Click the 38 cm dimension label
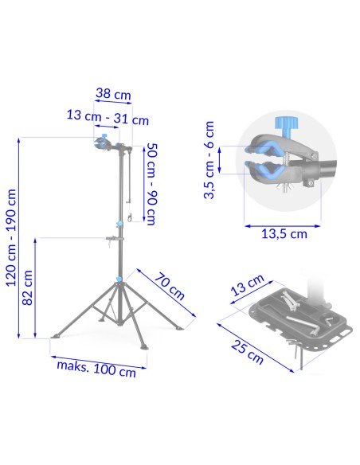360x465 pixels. [x=113, y=94]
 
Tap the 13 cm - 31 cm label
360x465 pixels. [x=108, y=117]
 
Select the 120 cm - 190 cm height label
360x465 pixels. [x=11, y=238]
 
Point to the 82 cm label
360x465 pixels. [x=28, y=287]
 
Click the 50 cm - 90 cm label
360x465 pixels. [x=151, y=184]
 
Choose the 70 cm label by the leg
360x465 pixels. [x=170, y=286]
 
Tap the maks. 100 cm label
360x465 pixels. [x=96, y=369]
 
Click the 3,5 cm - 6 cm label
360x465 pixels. [x=209, y=160]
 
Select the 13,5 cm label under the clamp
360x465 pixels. [x=284, y=234]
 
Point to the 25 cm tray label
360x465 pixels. [x=247, y=352]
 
